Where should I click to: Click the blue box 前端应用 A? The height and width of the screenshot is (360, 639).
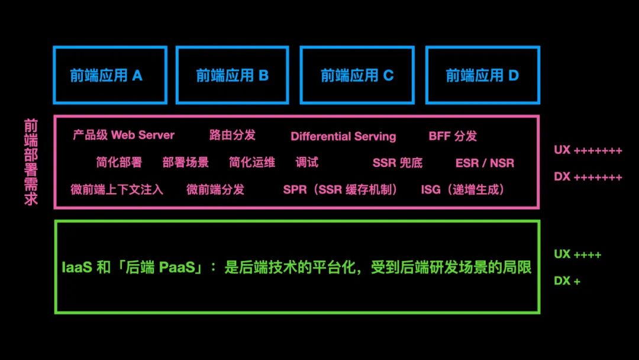(x=110, y=75)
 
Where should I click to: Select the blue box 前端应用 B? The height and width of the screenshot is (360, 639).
(x=232, y=75)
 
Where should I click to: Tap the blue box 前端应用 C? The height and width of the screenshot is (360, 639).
(x=357, y=75)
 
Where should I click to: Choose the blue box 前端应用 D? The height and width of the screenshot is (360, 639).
(x=482, y=75)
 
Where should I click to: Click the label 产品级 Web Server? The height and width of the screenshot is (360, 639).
(x=124, y=135)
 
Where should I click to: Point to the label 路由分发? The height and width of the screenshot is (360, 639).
(x=233, y=135)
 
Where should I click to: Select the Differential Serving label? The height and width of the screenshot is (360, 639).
(x=343, y=136)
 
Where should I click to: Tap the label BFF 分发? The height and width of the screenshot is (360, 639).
(x=453, y=136)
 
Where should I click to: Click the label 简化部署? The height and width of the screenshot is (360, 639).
(x=119, y=162)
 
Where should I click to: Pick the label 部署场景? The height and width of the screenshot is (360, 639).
(x=185, y=162)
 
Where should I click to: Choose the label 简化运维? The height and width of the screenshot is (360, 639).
(x=252, y=162)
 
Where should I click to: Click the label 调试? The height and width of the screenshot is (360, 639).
(x=307, y=162)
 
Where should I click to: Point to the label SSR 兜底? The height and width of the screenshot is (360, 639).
(x=398, y=163)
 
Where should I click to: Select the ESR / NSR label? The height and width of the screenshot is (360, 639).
(x=485, y=163)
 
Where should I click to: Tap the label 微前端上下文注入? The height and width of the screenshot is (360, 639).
(x=117, y=189)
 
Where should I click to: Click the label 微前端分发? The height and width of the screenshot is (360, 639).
(x=215, y=189)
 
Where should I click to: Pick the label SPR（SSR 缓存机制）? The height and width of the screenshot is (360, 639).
(x=340, y=190)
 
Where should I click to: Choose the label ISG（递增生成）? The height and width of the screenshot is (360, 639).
(x=462, y=190)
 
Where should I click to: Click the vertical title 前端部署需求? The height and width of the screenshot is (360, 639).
(x=31, y=162)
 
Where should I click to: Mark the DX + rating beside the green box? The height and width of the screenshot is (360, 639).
(x=567, y=281)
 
